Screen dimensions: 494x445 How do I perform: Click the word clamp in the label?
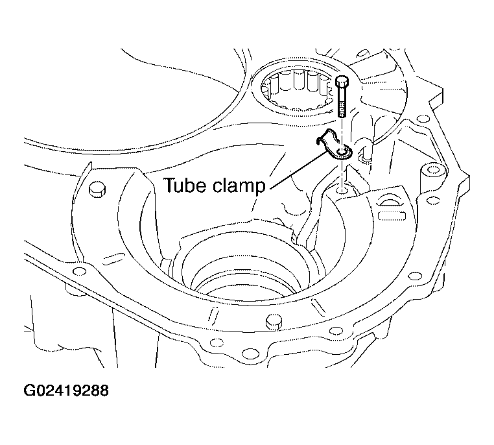tap(239, 186)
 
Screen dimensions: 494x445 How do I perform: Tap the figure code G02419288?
tap(66, 391)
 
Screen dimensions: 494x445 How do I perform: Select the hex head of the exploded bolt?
tap(342, 81)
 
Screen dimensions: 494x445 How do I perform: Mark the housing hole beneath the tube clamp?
tap(341, 190)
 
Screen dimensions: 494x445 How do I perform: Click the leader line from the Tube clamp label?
tap(298, 170)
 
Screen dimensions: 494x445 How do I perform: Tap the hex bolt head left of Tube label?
tap(97, 189)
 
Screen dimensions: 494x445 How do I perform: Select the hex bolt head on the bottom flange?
tap(273, 322)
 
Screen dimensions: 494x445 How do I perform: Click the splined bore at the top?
tap(296, 92)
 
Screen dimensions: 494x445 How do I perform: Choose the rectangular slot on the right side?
tap(391, 215)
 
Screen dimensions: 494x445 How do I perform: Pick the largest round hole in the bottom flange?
tap(249, 354)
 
